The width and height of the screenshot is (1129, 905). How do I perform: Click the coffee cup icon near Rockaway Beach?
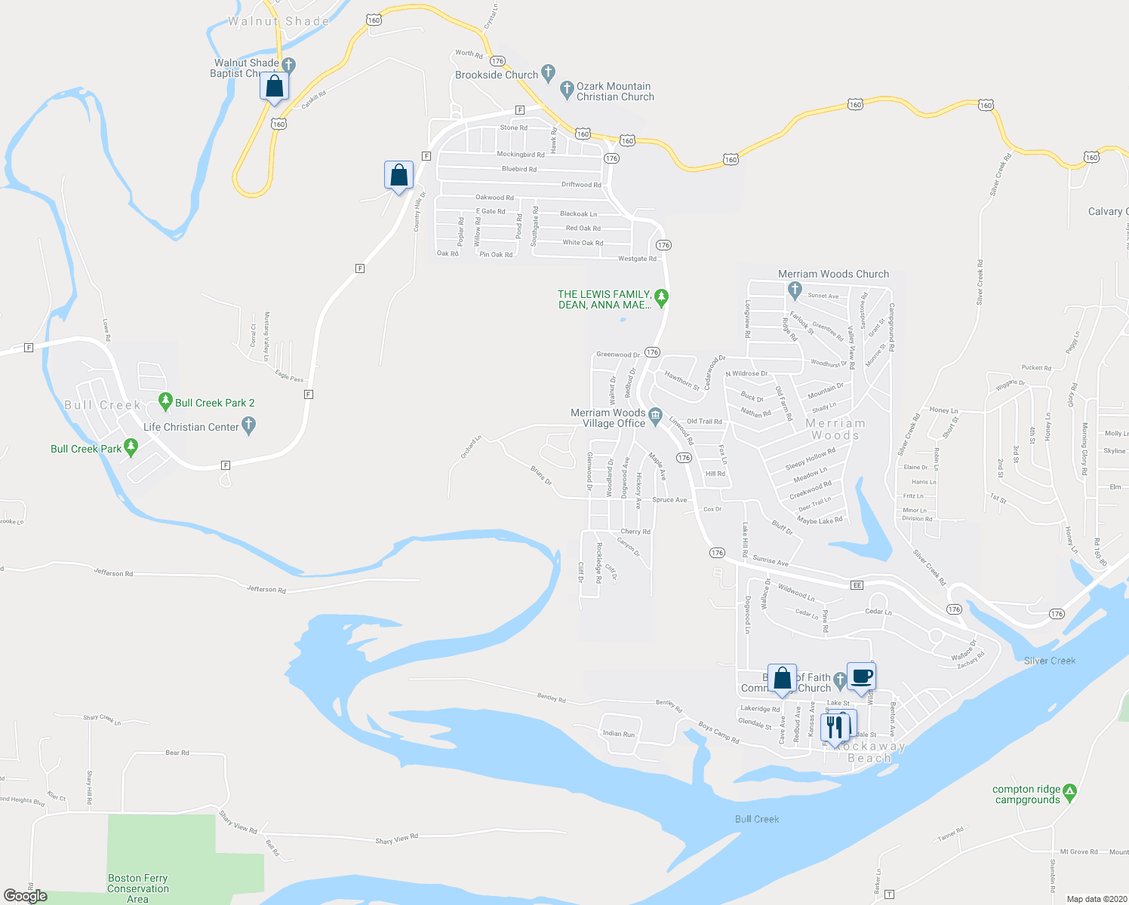pos(861,676)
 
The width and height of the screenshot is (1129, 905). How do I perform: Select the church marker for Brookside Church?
pos(549,74)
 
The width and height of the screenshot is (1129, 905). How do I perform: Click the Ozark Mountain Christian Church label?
pos(614,91)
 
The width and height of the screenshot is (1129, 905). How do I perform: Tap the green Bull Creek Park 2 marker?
pos(165,401)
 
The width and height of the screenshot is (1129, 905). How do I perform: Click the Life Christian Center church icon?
pos(249,427)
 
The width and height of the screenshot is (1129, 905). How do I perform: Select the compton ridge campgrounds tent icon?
pos(1069,793)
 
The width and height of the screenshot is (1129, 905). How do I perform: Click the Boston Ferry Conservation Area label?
pos(137,888)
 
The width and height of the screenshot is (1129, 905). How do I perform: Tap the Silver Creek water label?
pos(1050,661)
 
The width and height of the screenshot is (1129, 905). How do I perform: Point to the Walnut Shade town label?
pos(278,21)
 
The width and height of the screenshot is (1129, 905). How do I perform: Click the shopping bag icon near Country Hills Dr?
pos(398,176)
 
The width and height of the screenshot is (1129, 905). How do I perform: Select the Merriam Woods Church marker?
pos(794,289)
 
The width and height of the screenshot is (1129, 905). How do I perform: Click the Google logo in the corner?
pos(25,895)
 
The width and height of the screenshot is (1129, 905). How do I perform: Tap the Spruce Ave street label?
pos(669,500)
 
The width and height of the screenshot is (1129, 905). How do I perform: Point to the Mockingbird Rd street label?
pos(520,155)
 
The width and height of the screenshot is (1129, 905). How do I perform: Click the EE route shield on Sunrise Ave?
pos(857,585)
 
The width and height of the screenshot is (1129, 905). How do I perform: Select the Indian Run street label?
pos(619,733)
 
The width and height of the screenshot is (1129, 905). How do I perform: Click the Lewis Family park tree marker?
pos(661,298)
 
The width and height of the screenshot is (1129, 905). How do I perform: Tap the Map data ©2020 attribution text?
pos(1094,899)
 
